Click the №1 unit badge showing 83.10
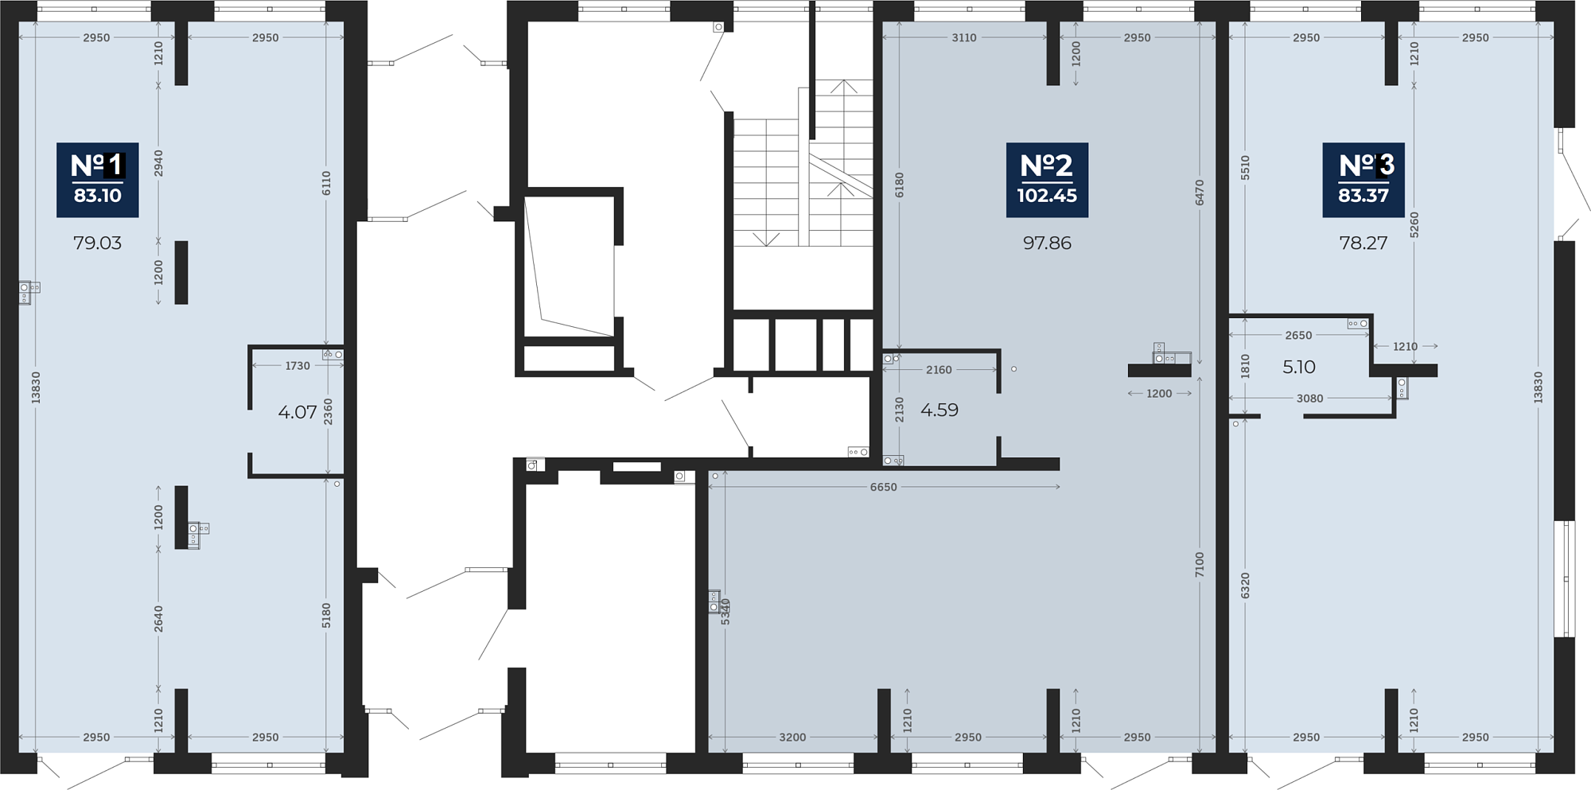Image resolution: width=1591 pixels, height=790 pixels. pyautogui.click(x=97, y=180)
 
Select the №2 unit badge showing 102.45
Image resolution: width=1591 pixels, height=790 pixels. pyautogui.click(x=1047, y=180)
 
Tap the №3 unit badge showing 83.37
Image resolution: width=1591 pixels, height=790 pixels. pyautogui.click(x=1363, y=180)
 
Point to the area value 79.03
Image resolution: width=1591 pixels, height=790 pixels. pyautogui.click(x=97, y=243)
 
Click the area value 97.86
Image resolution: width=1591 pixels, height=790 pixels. pyautogui.click(x=1047, y=243)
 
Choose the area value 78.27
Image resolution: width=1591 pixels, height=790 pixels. pyautogui.click(x=1363, y=243)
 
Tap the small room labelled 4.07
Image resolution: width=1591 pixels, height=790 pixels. pyautogui.click(x=298, y=412)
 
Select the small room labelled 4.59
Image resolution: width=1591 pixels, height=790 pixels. pyautogui.click(x=939, y=410)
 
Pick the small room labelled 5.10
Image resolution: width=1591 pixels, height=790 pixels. pyautogui.click(x=1299, y=367)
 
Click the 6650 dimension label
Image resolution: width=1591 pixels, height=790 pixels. pyautogui.click(x=883, y=487)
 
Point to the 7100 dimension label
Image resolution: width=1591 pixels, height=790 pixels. pyautogui.click(x=1200, y=564)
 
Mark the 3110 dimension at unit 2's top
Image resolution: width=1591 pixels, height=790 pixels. pyautogui.click(x=963, y=37)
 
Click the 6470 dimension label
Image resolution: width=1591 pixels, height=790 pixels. pyautogui.click(x=1200, y=193)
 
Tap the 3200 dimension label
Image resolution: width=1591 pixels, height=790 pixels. pyautogui.click(x=792, y=737)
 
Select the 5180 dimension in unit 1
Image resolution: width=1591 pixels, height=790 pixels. pyautogui.click(x=326, y=616)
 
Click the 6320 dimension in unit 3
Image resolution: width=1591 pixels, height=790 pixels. pyautogui.click(x=1246, y=586)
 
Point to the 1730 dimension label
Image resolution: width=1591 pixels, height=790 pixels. pyautogui.click(x=298, y=366)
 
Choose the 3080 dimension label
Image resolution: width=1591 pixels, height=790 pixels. pyautogui.click(x=1310, y=399)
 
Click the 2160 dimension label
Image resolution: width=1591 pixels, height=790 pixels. pyautogui.click(x=939, y=370)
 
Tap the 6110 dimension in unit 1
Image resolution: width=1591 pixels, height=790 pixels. pyautogui.click(x=326, y=183)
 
